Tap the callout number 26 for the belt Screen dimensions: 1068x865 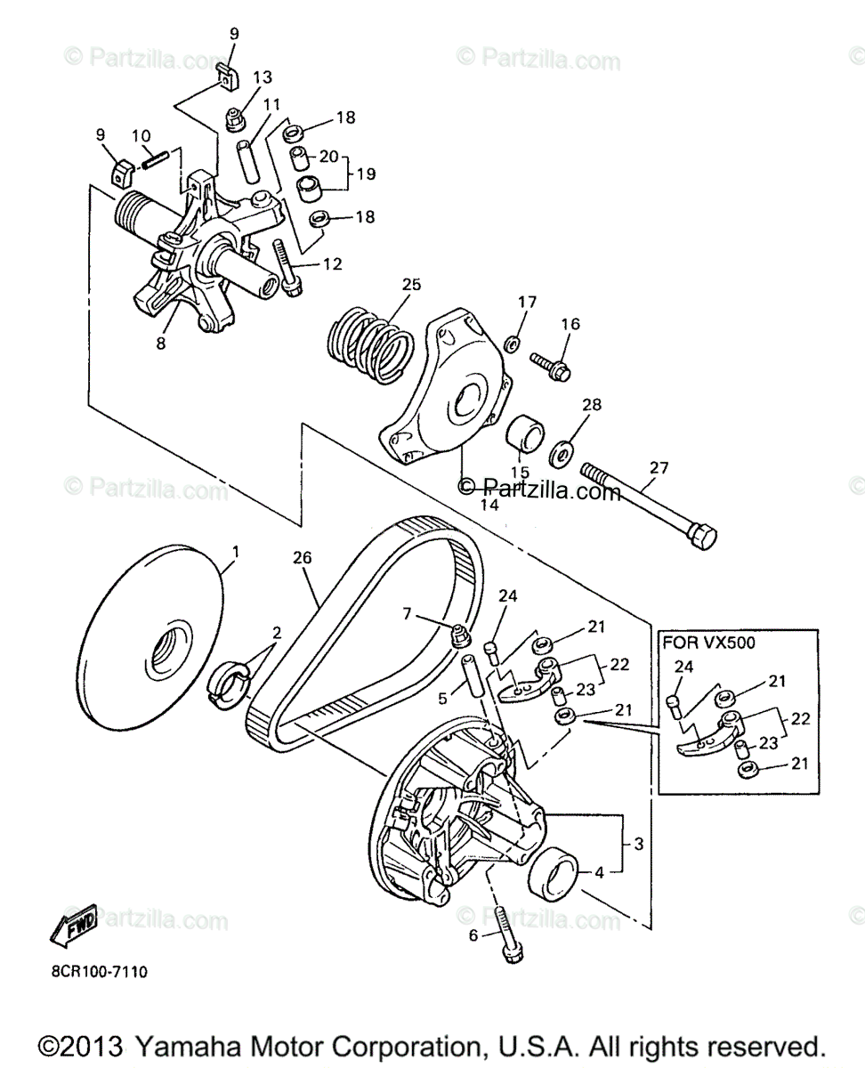(x=303, y=559)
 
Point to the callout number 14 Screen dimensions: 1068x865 (x=489, y=504)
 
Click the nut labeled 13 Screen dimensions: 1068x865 (x=235, y=117)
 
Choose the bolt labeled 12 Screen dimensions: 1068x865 (x=287, y=267)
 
